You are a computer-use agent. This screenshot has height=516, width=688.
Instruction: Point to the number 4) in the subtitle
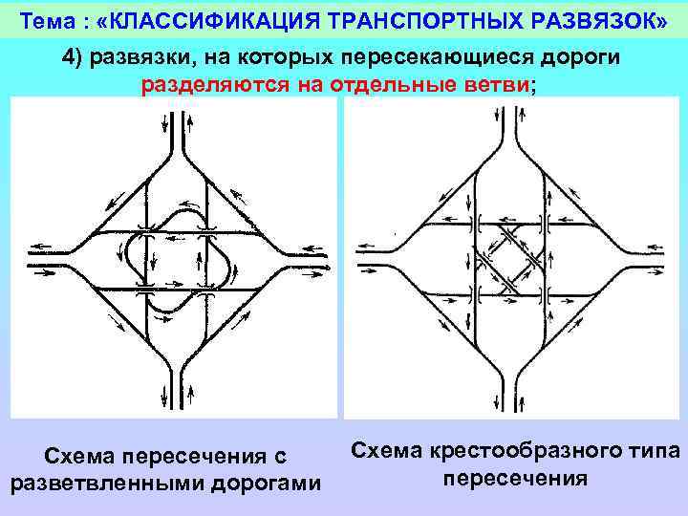click(x=77, y=56)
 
